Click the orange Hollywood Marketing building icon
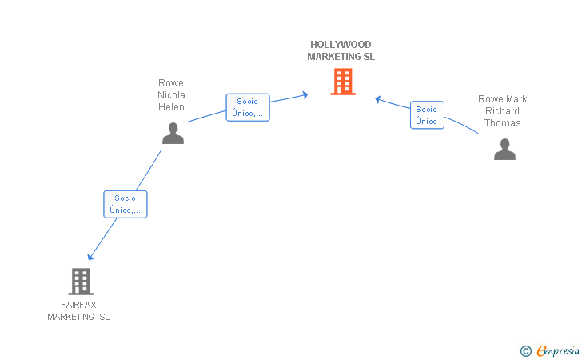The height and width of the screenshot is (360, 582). (343, 82)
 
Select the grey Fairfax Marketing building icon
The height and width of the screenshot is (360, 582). (81, 282)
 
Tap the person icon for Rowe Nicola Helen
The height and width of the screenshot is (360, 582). (173, 133)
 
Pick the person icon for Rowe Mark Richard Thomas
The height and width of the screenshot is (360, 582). (504, 149)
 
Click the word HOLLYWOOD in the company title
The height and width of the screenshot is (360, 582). (341, 45)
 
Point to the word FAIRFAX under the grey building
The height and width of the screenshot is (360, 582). (78, 305)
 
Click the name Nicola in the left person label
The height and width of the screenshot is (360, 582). (171, 95)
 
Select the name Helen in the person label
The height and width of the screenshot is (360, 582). (171, 107)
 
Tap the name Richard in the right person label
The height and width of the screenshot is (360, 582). (502, 111)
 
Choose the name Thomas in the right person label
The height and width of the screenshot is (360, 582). (503, 123)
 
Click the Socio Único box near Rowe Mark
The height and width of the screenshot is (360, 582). (427, 115)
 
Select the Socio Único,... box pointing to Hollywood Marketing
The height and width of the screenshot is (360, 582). (248, 107)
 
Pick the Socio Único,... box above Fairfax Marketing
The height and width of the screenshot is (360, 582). (126, 204)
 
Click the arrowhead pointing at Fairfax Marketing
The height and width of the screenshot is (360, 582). (90, 257)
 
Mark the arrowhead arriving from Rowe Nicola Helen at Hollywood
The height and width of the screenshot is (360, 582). (305, 95)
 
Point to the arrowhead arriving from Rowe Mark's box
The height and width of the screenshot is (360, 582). (378, 99)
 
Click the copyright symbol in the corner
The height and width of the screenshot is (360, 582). (526, 351)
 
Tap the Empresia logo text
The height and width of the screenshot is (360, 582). (558, 351)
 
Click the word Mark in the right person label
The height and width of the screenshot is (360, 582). (517, 99)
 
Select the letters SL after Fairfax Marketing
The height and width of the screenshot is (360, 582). (104, 317)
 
